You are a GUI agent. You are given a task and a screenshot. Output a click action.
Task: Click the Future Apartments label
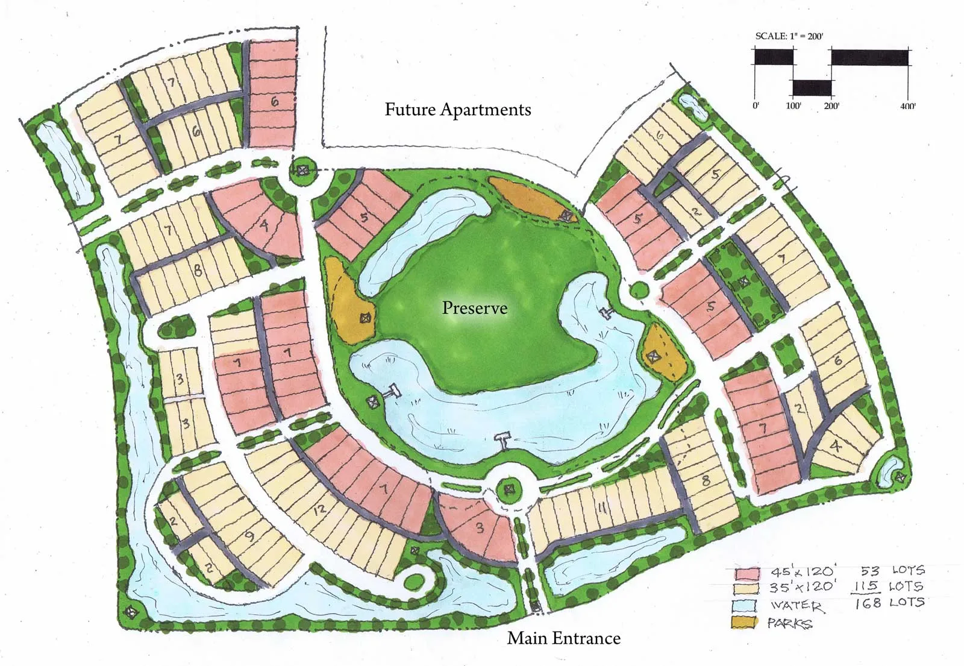[x=458, y=110]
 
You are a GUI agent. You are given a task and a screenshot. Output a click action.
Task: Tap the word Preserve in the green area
[x=475, y=308]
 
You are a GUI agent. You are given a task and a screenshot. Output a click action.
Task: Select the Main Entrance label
[x=563, y=638]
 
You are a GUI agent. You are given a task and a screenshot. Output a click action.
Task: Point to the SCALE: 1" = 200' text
[x=789, y=36]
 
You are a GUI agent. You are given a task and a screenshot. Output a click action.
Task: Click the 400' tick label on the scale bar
[x=907, y=106]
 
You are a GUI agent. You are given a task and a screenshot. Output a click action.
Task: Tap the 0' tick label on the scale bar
[x=756, y=106]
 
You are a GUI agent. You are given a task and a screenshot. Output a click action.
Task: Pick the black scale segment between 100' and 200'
[x=812, y=87]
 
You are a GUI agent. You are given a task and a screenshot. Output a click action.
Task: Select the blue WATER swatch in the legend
[x=745, y=605]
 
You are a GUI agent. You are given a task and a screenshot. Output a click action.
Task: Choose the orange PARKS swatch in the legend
[x=745, y=621]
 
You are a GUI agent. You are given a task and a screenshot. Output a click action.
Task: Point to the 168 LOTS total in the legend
[x=889, y=602]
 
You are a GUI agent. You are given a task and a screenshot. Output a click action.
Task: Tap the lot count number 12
[x=319, y=509]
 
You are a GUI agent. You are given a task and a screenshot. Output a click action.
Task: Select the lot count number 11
[x=601, y=508]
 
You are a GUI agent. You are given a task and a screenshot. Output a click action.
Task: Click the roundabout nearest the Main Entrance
[x=510, y=489]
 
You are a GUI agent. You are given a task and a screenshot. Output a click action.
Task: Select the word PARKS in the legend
[x=789, y=623]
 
